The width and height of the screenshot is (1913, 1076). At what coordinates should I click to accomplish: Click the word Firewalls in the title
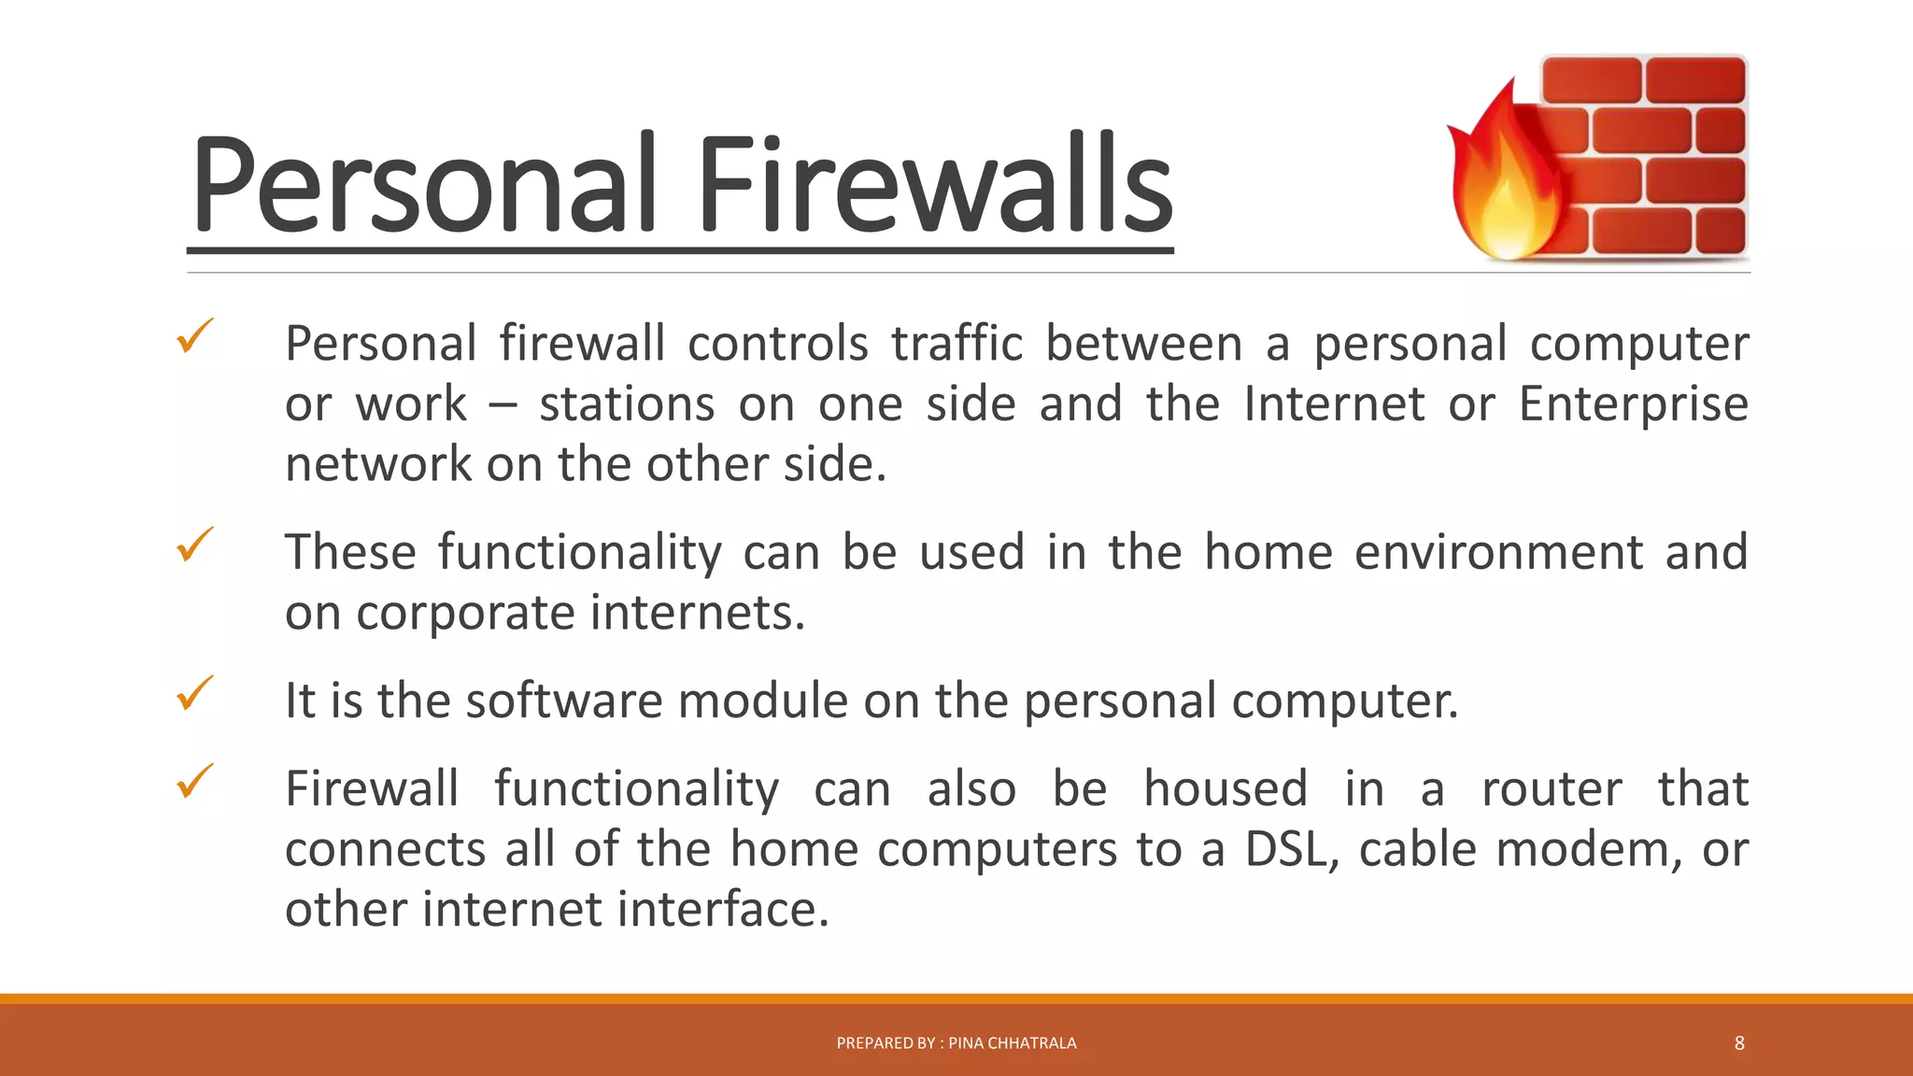click(934, 184)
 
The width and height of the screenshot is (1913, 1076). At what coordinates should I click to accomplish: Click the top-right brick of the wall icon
click(1695, 79)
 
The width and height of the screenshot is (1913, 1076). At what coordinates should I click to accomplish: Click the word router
click(1552, 789)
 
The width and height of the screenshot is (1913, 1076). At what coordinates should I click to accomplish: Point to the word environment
click(1497, 552)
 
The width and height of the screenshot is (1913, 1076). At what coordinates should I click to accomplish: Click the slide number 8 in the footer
click(1739, 1043)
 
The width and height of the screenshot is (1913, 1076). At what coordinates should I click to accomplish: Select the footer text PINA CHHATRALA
click(1013, 1043)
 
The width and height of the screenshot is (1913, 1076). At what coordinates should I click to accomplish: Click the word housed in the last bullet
click(1226, 789)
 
